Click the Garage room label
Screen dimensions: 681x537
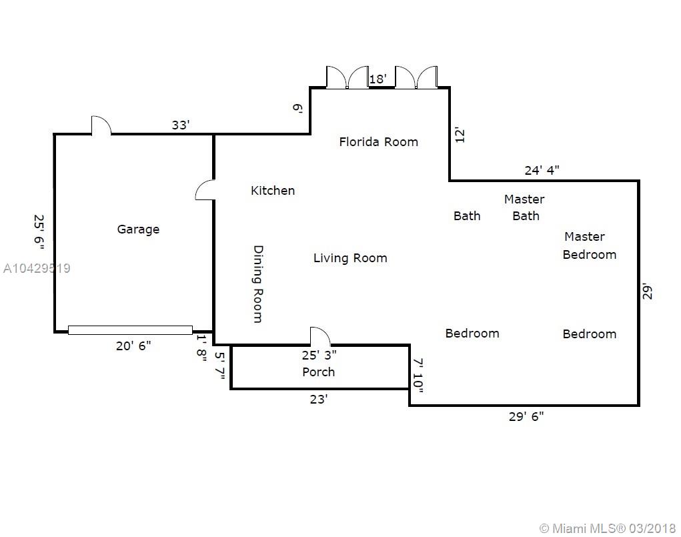click(138, 229)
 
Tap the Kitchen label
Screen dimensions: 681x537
click(273, 190)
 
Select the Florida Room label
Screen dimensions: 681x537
click(379, 141)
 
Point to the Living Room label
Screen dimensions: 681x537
click(350, 258)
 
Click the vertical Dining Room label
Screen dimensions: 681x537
click(258, 284)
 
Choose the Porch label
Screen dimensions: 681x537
click(318, 372)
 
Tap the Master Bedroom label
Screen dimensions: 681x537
click(590, 245)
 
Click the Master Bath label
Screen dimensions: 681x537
click(525, 207)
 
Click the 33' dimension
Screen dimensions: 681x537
click(181, 125)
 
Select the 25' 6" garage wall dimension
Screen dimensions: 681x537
click(39, 232)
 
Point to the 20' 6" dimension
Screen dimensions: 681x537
click(133, 346)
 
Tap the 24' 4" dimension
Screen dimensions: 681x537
click(542, 170)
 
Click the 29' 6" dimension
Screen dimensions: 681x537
click(526, 416)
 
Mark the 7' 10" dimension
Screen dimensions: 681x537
click(418, 376)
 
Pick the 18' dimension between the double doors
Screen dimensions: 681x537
click(378, 79)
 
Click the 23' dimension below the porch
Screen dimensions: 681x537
click(318, 400)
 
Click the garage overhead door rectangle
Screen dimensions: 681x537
click(130, 330)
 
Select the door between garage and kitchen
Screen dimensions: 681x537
click(205, 190)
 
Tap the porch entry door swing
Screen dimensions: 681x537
click(320, 336)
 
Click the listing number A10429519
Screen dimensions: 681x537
click(37, 268)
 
